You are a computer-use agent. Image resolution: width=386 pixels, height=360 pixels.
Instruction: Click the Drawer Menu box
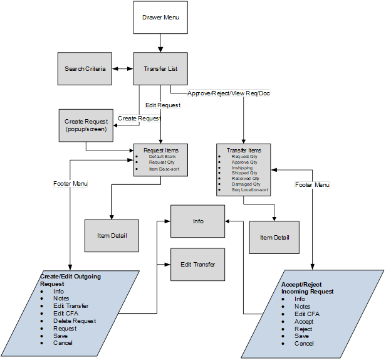[160, 18]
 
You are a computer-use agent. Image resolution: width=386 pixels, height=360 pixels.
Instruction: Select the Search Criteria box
[85, 68]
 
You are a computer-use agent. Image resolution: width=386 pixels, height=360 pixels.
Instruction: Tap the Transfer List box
[160, 68]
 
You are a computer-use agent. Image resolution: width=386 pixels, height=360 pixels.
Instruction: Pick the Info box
[198, 221]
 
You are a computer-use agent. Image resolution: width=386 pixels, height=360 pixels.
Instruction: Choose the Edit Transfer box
[198, 264]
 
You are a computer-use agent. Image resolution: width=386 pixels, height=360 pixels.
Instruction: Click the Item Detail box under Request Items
[112, 236]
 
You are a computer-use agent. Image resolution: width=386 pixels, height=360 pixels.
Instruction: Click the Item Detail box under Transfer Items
[274, 238]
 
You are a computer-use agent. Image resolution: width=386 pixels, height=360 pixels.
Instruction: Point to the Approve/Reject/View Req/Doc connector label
[228, 93]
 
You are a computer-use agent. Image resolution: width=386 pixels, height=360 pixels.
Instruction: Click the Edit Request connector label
[162, 105]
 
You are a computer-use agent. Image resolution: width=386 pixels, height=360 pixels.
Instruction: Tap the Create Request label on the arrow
[139, 118]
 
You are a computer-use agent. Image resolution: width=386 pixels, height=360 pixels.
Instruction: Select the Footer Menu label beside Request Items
[70, 184]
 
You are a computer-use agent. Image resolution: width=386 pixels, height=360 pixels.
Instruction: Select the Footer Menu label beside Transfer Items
[312, 185]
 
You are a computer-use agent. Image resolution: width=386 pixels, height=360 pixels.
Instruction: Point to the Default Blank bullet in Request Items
[161, 156]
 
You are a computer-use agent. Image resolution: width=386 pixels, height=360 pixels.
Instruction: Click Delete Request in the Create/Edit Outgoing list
[75, 321]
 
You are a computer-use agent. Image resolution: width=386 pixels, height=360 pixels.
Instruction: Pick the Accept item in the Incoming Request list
[304, 321]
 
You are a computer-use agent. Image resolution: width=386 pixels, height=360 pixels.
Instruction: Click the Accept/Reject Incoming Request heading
[307, 288]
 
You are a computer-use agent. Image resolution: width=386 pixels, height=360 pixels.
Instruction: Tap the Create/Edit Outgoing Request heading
[70, 280]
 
